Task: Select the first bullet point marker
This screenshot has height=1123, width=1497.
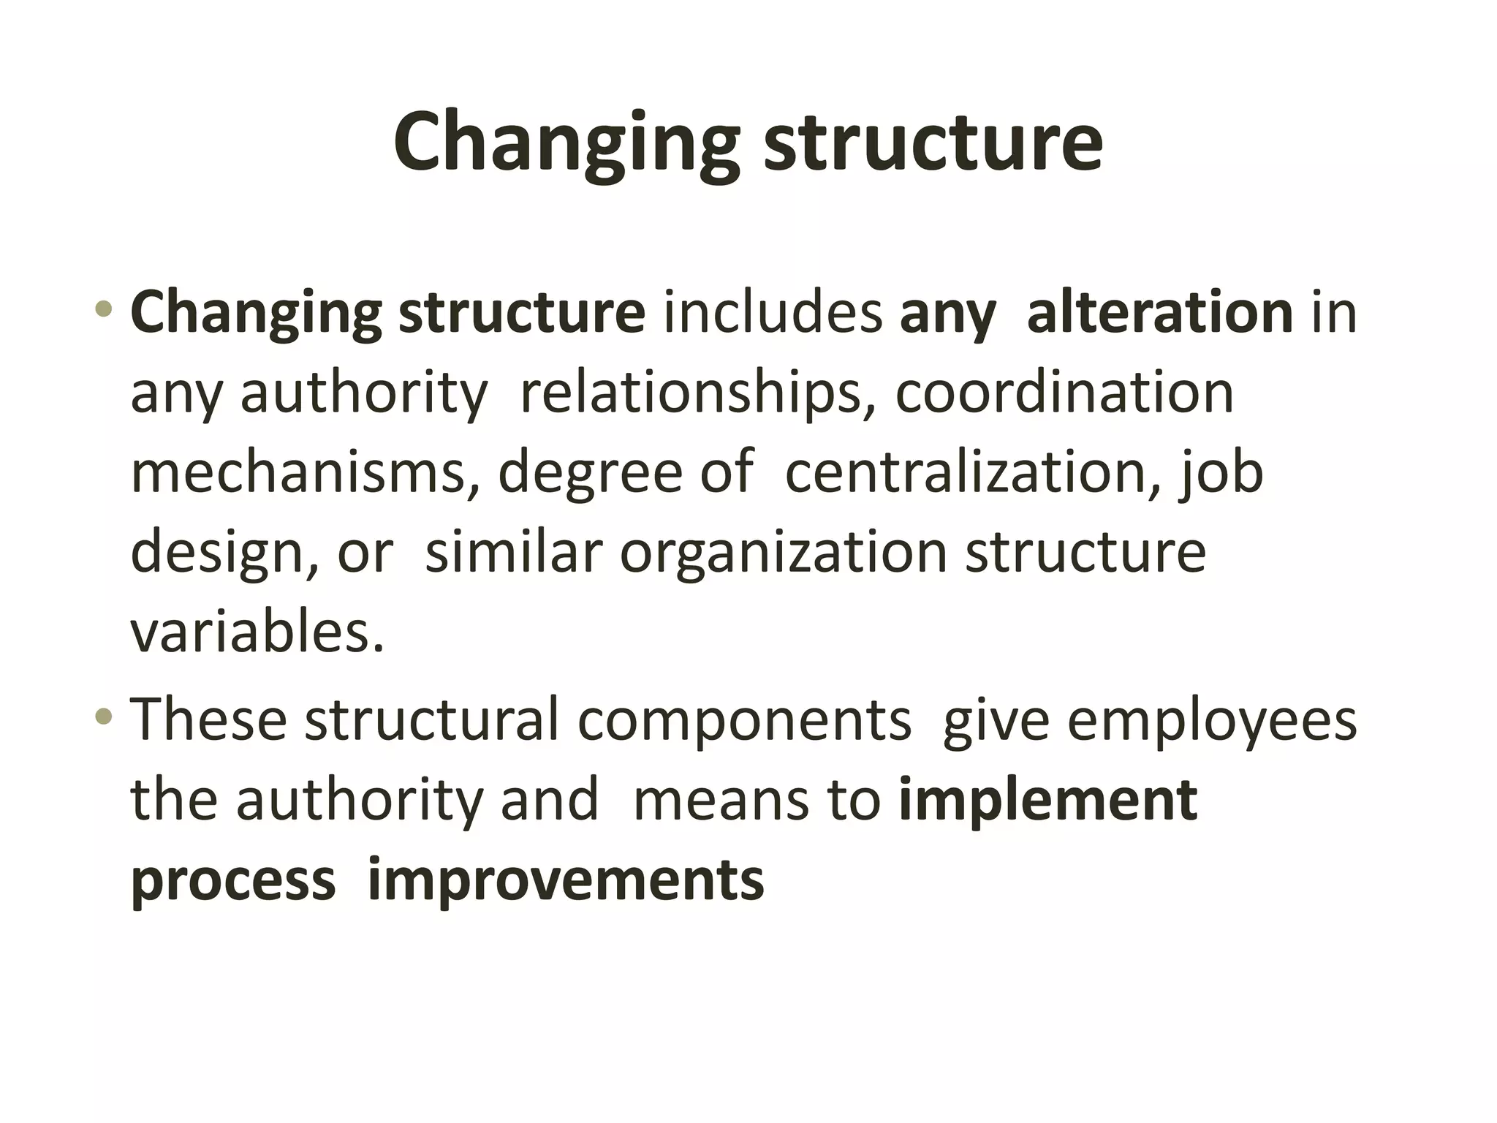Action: point(104,309)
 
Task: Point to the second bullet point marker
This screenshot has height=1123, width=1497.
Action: point(104,716)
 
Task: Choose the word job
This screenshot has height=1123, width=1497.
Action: point(1221,472)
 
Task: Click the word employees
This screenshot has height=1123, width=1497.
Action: point(1212,719)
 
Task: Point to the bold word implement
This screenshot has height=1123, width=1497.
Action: point(1048,799)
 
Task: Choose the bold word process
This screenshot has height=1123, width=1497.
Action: point(233,880)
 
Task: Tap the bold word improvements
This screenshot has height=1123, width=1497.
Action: point(566,880)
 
